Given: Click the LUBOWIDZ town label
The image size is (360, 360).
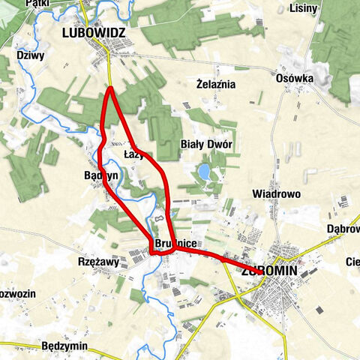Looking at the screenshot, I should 94,33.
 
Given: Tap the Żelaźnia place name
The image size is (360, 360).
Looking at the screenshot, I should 215,84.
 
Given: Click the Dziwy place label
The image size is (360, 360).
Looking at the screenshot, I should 30,55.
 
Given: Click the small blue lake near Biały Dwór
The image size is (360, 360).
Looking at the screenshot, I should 204,173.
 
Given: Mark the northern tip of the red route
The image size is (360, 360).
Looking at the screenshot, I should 110,88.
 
